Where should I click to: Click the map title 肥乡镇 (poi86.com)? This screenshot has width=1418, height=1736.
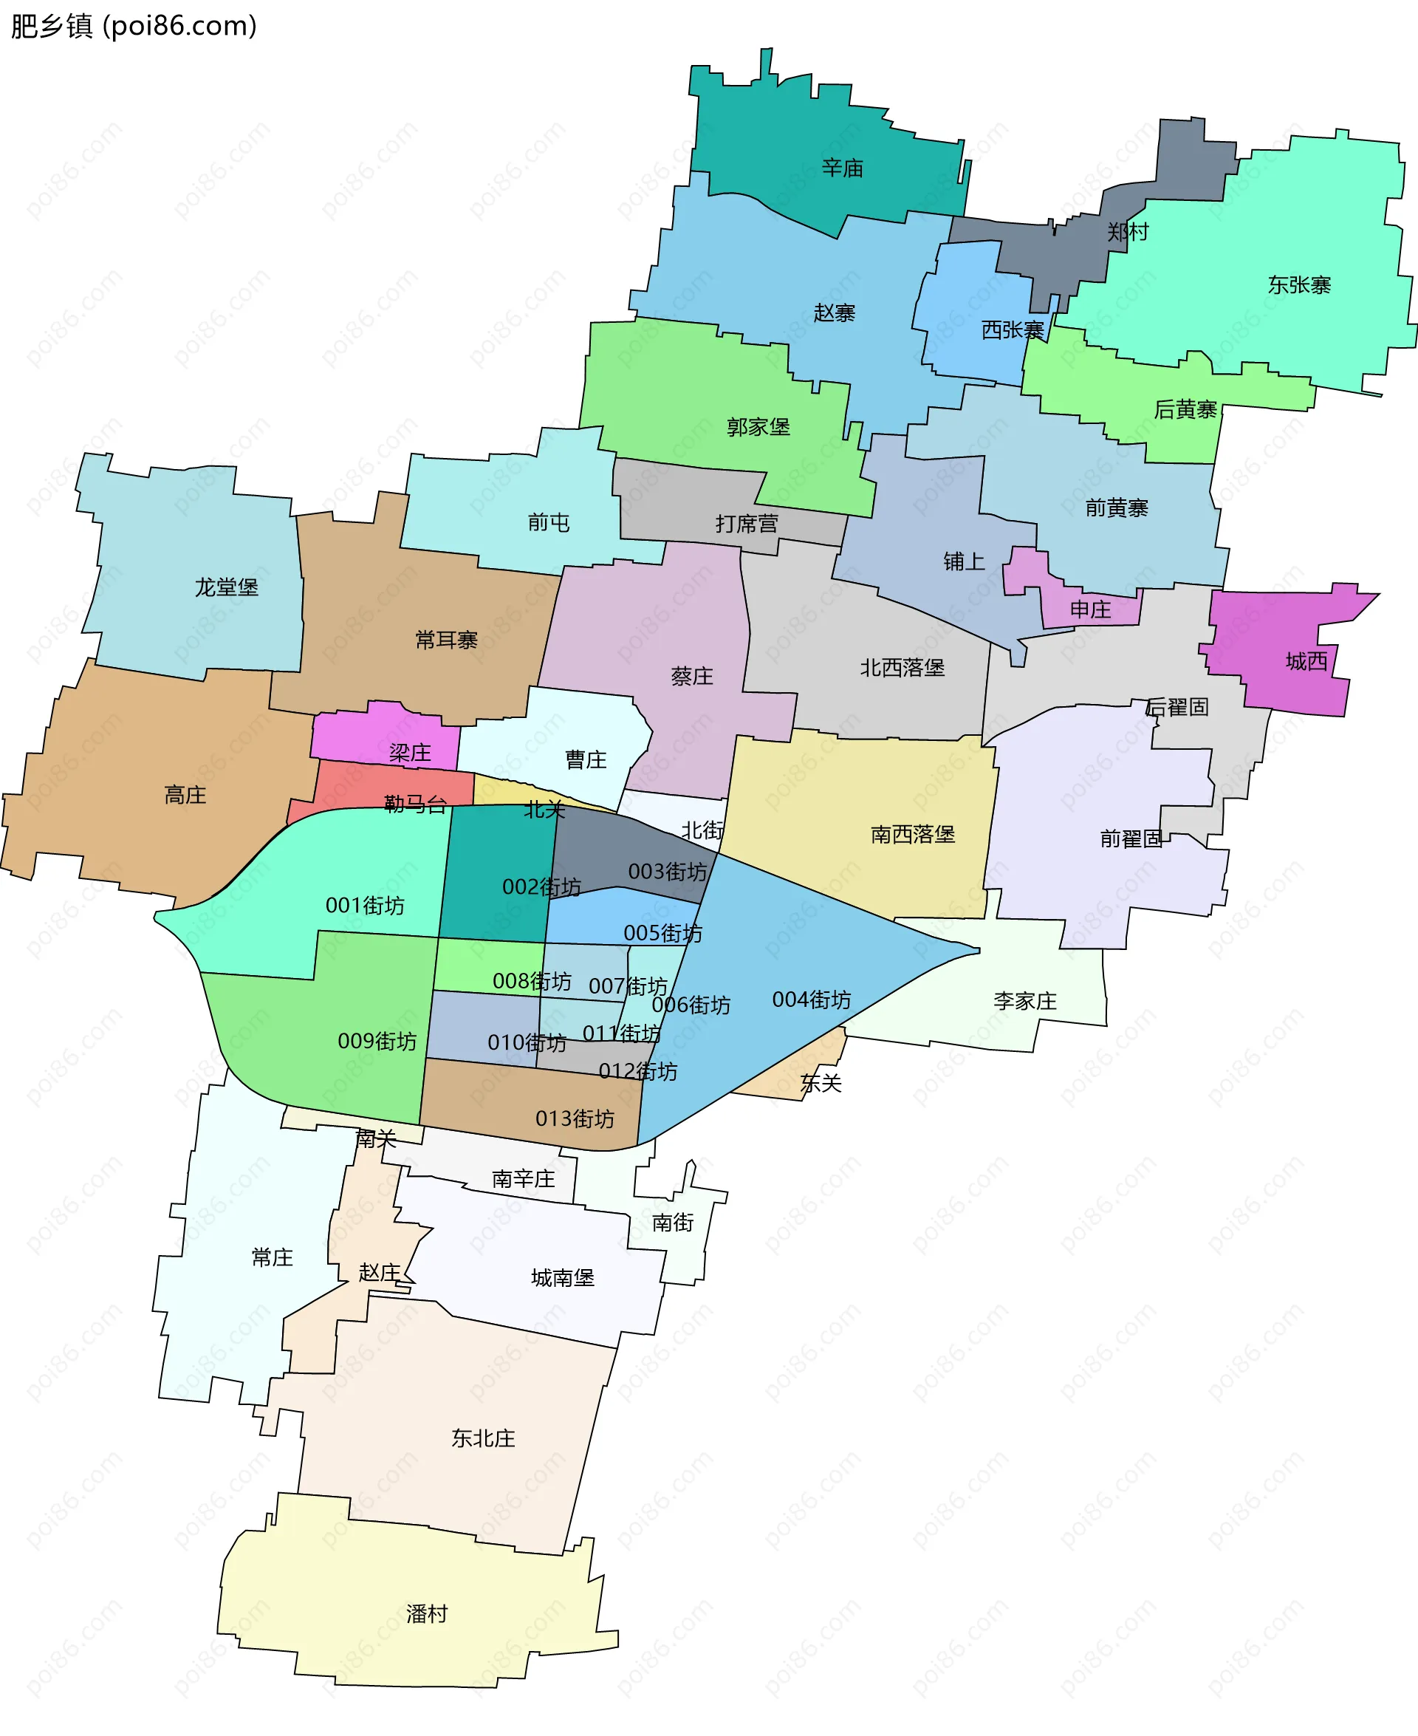(x=133, y=26)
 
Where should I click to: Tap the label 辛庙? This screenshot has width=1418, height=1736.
(x=842, y=168)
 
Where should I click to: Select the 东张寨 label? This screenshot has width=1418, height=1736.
(x=1299, y=285)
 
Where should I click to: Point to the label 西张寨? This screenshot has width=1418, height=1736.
(x=1012, y=330)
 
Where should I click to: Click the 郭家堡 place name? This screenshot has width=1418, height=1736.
(x=758, y=427)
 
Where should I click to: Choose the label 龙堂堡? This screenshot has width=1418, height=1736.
(x=226, y=587)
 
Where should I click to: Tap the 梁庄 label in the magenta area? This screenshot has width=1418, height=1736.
(x=409, y=753)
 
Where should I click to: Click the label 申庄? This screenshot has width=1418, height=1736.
(x=1089, y=609)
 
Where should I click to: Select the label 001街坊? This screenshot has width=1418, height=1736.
(x=364, y=905)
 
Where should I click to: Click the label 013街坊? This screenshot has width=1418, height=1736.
(x=575, y=1118)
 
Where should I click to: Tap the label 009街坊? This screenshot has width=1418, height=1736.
(x=377, y=1041)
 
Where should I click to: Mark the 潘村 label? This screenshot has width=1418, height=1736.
(x=426, y=1613)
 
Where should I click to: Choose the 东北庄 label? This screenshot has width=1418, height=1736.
(x=483, y=1438)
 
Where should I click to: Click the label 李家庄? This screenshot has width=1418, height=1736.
(x=1024, y=1001)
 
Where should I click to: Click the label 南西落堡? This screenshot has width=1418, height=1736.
(x=912, y=834)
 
